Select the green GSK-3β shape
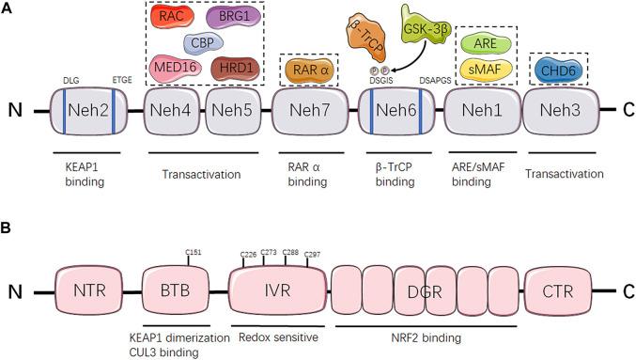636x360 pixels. click(424, 27)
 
